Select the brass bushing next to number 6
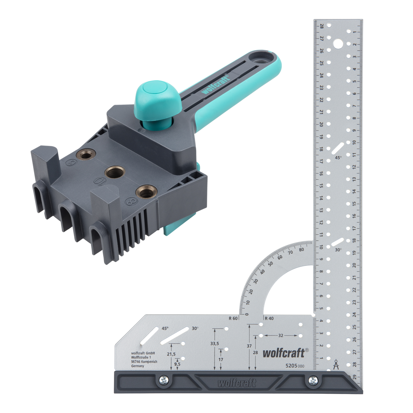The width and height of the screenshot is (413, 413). tap(86, 154)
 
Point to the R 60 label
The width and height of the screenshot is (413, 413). tap(233, 319)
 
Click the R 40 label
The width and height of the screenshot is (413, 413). tap(269, 319)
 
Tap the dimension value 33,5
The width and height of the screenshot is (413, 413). tap(214, 343)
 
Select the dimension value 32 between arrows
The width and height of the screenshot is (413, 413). tap(280, 335)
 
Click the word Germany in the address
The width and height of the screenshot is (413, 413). tap(138, 366)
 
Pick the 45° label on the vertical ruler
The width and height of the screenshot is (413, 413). tap(338, 157)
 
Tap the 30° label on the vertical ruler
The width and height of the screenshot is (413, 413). tap(338, 250)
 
